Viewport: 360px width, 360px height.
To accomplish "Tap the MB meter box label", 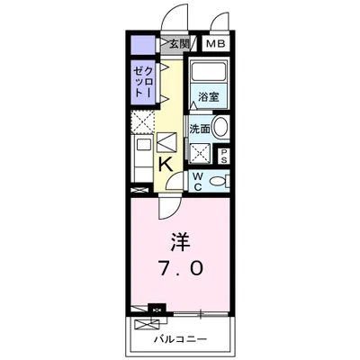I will pyautogui.click(x=214, y=43).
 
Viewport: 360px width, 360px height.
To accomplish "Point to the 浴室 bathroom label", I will pyautogui.click(x=209, y=94).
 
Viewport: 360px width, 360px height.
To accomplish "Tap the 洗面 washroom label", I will pyautogui.click(x=200, y=128).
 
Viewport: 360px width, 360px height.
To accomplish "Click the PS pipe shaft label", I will pyautogui.click(x=223, y=156).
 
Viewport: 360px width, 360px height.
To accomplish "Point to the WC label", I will pyautogui.click(x=197, y=180).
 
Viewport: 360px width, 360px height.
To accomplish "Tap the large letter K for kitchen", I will pyautogui.click(x=166, y=164).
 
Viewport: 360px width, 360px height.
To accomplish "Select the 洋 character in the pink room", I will pyautogui.click(x=180, y=241).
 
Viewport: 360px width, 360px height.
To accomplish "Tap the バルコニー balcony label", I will pyautogui.click(x=179, y=339).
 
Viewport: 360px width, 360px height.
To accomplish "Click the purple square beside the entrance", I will pyautogui.click(x=141, y=43).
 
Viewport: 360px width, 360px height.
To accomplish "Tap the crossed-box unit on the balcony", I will pyautogui.click(x=147, y=325).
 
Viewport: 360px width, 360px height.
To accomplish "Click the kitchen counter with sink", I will pyautogui.click(x=142, y=155).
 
